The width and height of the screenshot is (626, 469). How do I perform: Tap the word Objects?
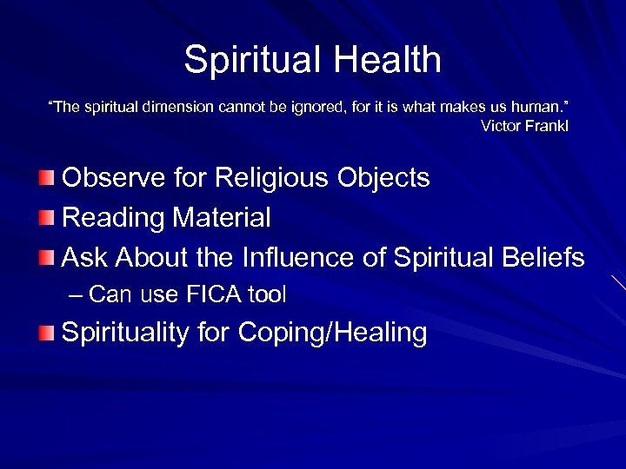point(385,178)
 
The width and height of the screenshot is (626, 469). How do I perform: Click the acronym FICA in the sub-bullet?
point(214,295)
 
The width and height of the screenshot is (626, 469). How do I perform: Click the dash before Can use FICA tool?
point(77,295)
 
